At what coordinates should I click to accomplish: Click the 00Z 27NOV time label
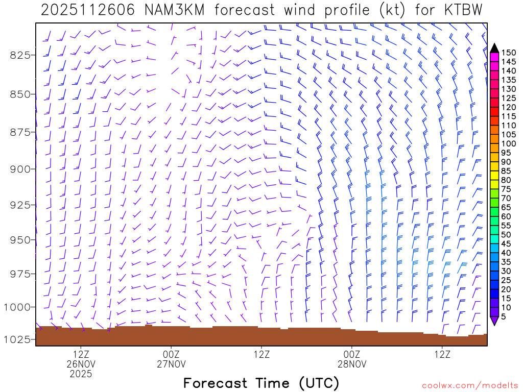click(171, 358)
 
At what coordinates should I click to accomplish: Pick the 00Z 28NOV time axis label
click(352, 358)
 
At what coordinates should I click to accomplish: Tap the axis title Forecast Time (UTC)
click(261, 383)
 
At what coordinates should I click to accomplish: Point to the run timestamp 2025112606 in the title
click(84, 10)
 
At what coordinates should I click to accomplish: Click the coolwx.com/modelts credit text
click(470, 385)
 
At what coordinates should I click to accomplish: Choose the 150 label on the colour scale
click(509, 53)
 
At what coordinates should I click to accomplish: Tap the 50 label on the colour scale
click(506, 234)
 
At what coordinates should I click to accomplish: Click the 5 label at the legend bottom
click(504, 316)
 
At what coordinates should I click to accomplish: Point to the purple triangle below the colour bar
click(494, 321)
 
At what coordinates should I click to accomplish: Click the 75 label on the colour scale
click(506, 189)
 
